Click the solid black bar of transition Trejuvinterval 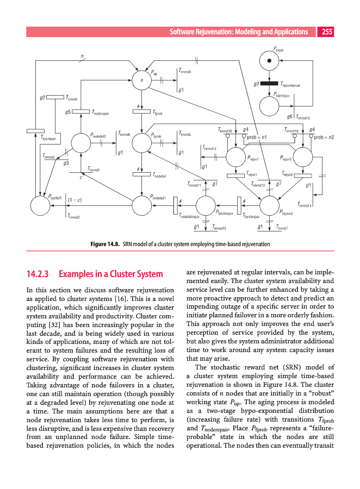pos(269,83)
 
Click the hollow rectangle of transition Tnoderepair pos(80,112)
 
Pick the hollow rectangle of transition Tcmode pos(55,98)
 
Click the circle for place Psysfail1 pos(40,206)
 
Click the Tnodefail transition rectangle pos(142,174)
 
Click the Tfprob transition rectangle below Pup pos(142,112)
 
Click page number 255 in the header pos(327,32)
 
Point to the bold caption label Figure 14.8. pos(104,244)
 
